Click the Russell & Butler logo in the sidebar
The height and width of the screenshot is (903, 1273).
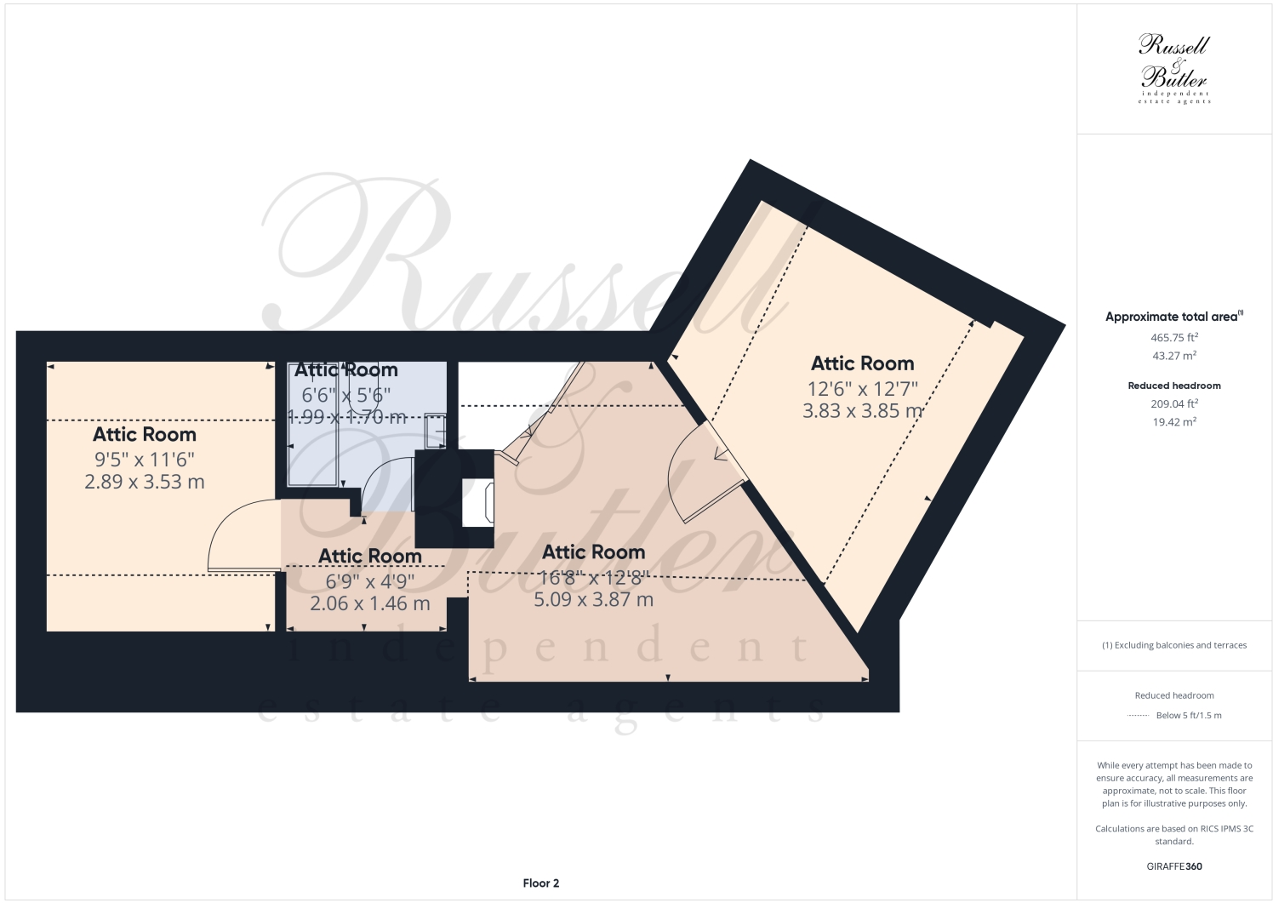[x=1173, y=68]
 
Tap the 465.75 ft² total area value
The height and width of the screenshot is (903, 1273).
[x=1174, y=337]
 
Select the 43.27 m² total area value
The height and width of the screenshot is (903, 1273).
[x=1174, y=356]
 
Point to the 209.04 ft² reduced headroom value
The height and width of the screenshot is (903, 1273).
[x=1174, y=403]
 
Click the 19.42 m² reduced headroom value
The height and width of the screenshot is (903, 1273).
[x=1174, y=422]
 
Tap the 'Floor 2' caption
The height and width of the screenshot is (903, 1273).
[x=541, y=883]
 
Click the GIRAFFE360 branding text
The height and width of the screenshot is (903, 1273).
[x=1174, y=866]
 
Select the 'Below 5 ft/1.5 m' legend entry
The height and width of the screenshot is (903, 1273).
[x=1188, y=715]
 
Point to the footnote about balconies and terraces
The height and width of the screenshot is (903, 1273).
[x=1174, y=645]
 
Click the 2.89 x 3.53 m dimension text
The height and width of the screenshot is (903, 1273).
[x=145, y=482]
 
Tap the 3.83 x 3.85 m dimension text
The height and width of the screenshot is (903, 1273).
[x=863, y=410]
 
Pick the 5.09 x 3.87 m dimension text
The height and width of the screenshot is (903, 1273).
[x=593, y=599]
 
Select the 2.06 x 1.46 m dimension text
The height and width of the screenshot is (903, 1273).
[x=370, y=603]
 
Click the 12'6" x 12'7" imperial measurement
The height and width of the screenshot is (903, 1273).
[x=863, y=388]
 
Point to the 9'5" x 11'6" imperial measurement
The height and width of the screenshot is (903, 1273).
[x=145, y=460]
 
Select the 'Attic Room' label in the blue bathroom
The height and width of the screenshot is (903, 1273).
[x=346, y=369]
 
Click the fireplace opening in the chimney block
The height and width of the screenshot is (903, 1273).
[x=477, y=501]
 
